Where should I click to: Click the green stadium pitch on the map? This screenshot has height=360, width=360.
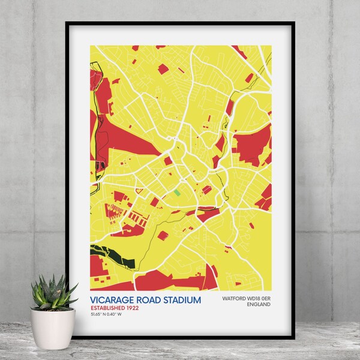point(177,193)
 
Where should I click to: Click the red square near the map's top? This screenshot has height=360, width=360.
point(163,69)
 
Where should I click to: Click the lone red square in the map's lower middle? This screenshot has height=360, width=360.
point(163,235)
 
